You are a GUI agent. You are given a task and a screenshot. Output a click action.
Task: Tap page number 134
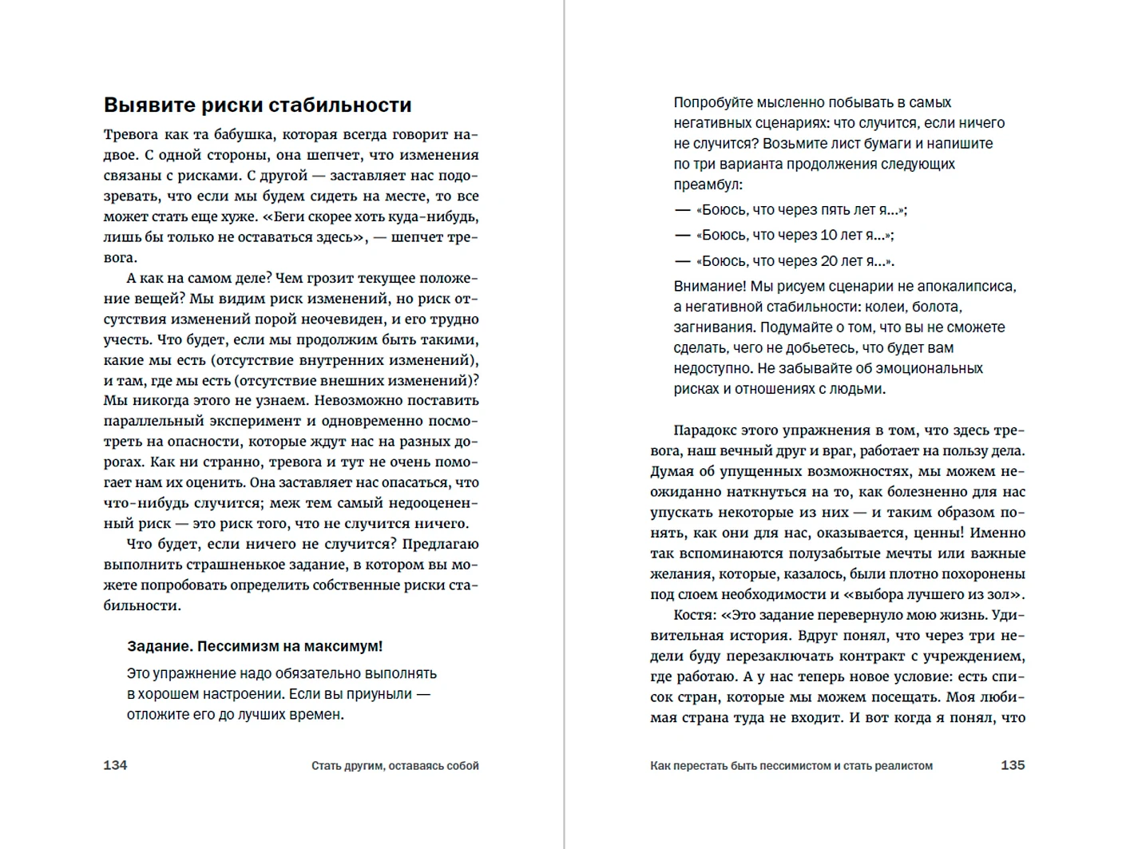pos(115,765)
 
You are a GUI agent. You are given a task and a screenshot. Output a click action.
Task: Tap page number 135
pos(1013,765)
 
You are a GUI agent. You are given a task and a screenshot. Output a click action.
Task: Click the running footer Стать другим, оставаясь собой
pos(394,766)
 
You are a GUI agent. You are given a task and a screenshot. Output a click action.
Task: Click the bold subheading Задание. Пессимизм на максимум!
pos(255,646)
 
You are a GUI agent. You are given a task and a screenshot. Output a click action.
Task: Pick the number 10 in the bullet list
pos(829,236)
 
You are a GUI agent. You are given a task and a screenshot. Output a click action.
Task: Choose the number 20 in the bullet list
pos(830,261)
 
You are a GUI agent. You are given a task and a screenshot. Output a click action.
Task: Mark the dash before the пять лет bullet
pos(682,210)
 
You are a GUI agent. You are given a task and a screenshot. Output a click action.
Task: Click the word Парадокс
pos(708,431)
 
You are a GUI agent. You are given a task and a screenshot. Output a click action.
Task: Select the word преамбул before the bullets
pos(708,184)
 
